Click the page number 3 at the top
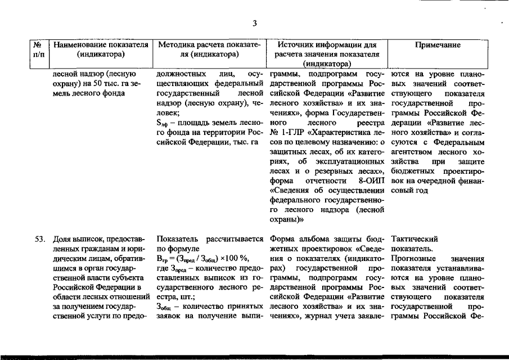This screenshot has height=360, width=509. click(254, 23)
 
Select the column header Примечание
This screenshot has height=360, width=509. click(437, 44)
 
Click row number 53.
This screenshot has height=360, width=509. click(38, 238)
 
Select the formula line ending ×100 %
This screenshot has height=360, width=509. click(202, 258)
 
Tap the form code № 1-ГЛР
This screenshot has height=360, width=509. click(285, 133)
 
